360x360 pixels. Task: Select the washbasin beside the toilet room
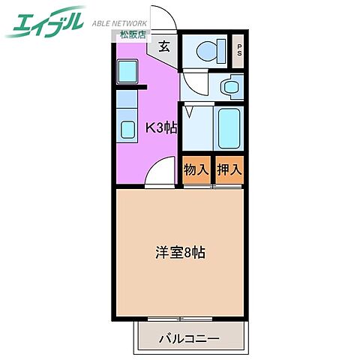pos(230,87)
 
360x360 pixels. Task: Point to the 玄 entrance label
pos(163,46)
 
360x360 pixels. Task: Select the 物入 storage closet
pos(196,170)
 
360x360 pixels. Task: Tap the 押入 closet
pos(229,170)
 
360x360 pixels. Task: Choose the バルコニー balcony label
pos(189,339)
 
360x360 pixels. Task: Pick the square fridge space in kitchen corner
pos(126,71)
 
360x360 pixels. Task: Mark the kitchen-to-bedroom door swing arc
pos(159,174)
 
